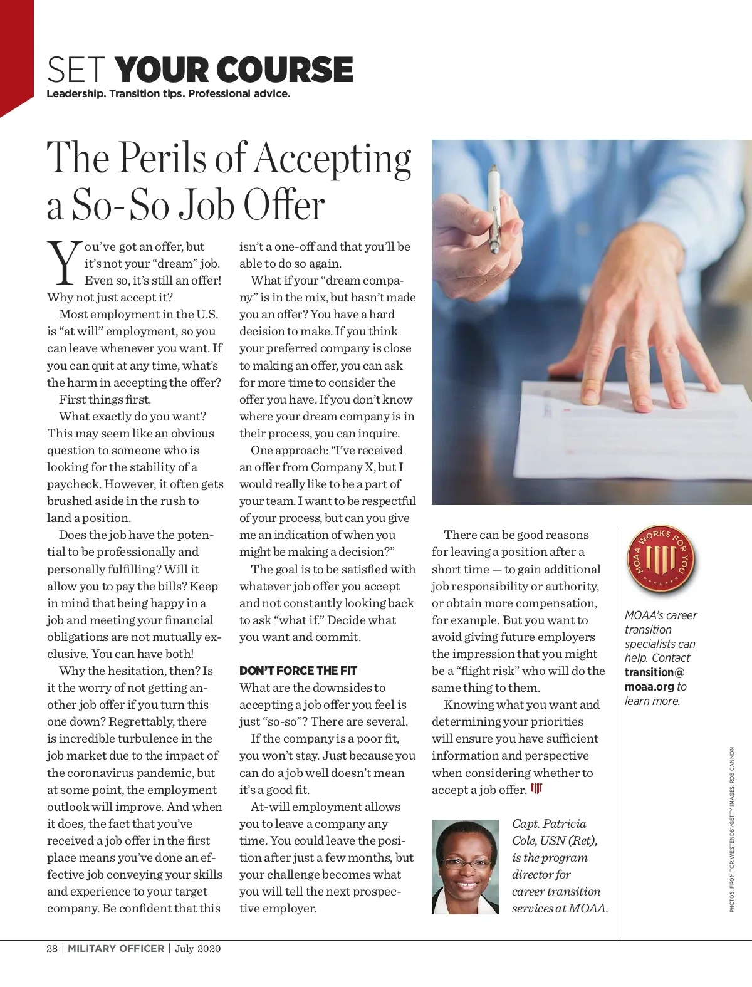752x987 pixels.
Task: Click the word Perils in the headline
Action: (164, 158)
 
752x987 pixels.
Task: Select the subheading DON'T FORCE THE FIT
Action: (298, 671)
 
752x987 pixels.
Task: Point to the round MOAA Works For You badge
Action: (661, 560)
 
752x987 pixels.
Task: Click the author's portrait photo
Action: (465, 867)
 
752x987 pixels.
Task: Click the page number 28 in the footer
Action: (52, 948)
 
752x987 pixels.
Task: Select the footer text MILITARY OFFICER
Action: (116, 948)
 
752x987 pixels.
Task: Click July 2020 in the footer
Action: (198, 948)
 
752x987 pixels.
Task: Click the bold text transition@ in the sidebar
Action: (654, 672)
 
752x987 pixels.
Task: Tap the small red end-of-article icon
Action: (536, 788)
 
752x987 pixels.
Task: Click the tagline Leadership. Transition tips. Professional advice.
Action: (169, 94)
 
